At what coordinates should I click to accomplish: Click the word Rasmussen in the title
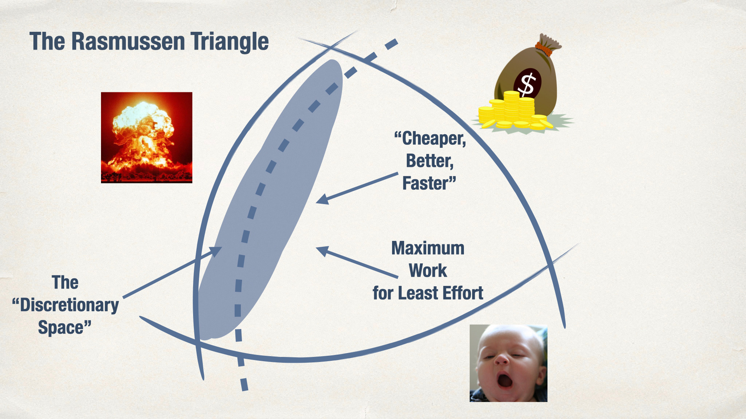[128, 41]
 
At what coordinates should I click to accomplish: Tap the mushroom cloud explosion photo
[146, 137]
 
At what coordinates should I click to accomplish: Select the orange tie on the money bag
[545, 49]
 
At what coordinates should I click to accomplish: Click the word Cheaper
[430, 139]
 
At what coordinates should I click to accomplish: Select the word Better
[430, 161]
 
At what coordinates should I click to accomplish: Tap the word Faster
[429, 183]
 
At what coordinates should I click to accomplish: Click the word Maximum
[428, 248]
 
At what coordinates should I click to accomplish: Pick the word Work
[428, 270]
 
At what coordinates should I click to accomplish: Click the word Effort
[463, 293]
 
